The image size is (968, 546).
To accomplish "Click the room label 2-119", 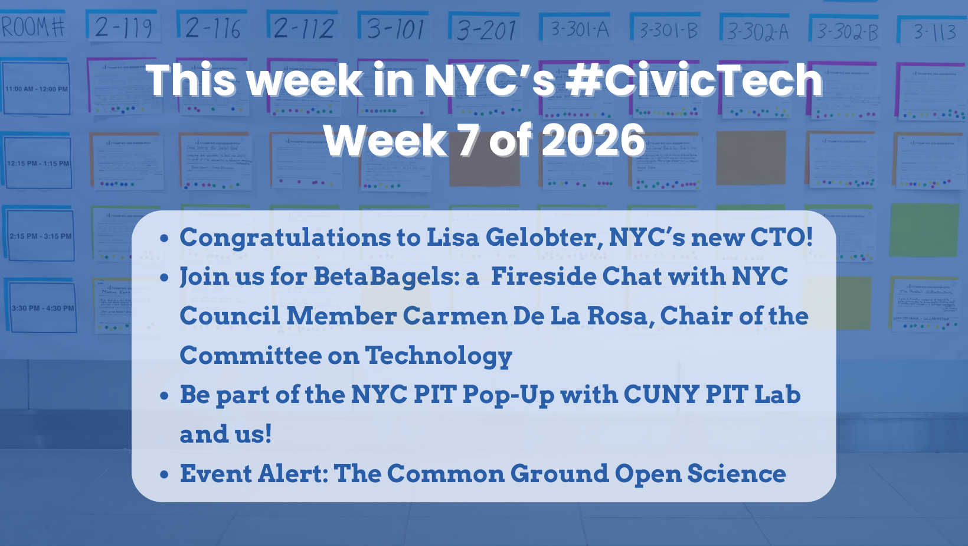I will tap(123, 28).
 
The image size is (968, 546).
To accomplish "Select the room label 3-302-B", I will tap(847, 31).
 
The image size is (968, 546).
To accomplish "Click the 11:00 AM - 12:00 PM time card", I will tap(37, 89).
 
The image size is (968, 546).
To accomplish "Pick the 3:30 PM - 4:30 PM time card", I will tap(42, 308).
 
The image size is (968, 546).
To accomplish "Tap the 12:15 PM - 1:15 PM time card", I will tap(38, 163).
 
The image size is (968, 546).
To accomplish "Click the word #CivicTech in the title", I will tap(694, 80).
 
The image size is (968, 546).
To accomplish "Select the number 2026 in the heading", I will tap(593, 141).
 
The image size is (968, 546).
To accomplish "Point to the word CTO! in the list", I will tap(781, 238).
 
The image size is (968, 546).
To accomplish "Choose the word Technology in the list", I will tap(439, 356).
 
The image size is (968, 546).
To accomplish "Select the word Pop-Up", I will tap(508, 395).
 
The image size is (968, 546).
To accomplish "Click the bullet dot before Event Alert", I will tap(165, 474).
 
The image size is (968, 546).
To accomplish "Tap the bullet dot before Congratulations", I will tap(165, 238).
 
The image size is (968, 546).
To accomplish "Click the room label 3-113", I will tap(935, 31).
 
